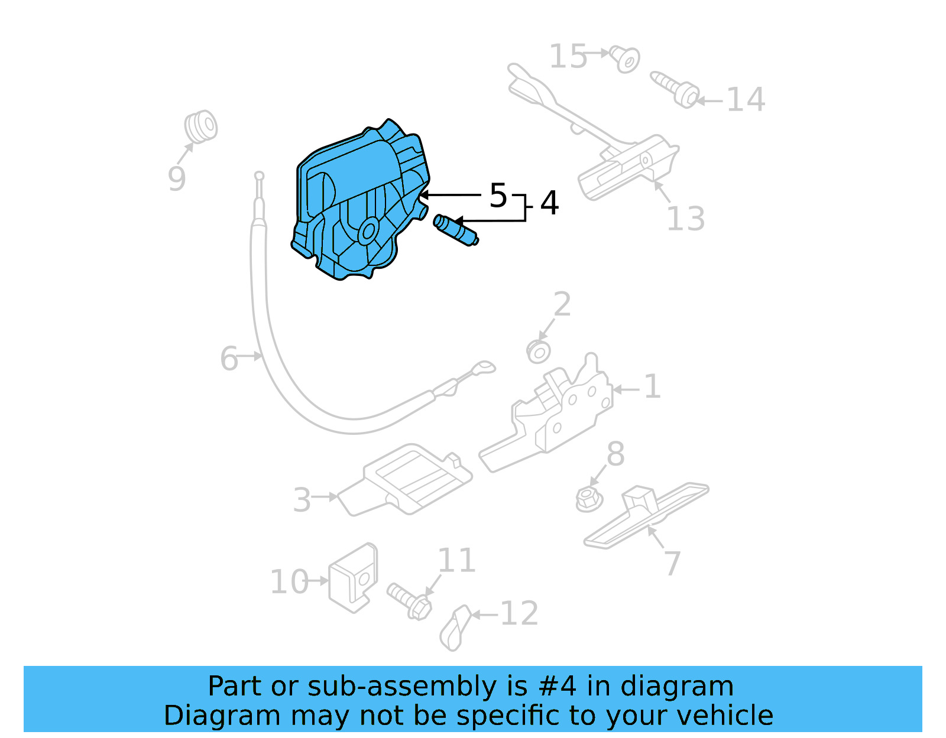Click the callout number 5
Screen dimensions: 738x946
(498, 195)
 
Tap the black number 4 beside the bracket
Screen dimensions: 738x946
(549, 203)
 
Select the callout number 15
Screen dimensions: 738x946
(568, 57)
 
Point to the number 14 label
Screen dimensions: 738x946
(746, 100)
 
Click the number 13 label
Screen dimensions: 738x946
(685, 219)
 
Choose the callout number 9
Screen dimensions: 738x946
(176, 178)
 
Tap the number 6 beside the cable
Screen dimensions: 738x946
(229, 359)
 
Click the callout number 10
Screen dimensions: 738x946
(289, 582)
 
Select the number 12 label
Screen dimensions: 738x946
(519, 614)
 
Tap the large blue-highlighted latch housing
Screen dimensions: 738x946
(358, 201)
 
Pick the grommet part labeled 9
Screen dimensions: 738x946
(200, 126)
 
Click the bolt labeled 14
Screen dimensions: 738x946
(675, 89)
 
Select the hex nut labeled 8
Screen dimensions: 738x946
(588, 499)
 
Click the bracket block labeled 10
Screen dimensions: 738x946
(353, 577)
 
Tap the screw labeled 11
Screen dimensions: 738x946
(410, 601)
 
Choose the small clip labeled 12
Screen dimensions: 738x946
(455, 628)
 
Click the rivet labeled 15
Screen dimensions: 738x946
(625, 59)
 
